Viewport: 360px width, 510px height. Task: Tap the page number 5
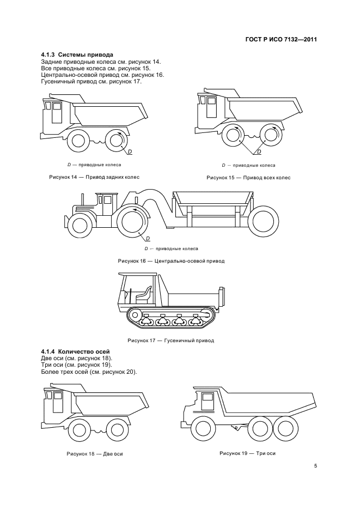coord(315,465)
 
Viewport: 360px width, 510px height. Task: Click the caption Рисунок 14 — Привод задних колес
coord(94,178)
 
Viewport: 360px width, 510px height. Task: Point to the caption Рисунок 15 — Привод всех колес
coord(248,178)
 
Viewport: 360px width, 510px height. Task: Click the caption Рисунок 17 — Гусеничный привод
coord(170,341)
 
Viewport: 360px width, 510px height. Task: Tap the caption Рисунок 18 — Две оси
coord(94,453)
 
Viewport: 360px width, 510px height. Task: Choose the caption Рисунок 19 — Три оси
coord(247,453)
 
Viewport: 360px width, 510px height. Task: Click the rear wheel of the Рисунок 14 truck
coord(116,140)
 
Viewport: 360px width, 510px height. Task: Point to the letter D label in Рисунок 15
coord(258,153)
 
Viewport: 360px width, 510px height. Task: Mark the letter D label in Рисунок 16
coord(148,239)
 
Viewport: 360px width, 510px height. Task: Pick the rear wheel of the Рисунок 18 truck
coord(116,428)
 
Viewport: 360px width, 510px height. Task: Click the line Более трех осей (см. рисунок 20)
coord(89,372)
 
